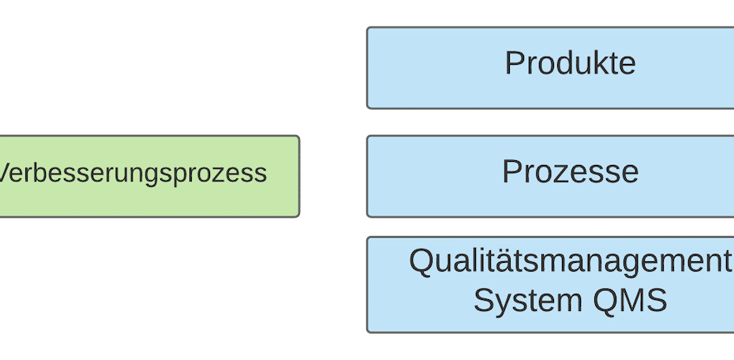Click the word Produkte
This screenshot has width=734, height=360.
pos(570,64)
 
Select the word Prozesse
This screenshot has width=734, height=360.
pos(570,172)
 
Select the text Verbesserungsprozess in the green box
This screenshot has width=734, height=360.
pos(132,174)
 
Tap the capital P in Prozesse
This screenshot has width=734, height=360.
pos(511,172)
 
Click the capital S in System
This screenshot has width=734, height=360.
pos(483,301)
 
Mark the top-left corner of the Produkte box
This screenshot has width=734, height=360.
pos(368,28)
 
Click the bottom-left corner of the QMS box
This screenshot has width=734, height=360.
pos(368,332)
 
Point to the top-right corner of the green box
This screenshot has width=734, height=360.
pos(299,137)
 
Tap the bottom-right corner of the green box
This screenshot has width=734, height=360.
pos(299,216)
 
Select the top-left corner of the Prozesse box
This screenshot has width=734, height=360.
pos(368,137)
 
